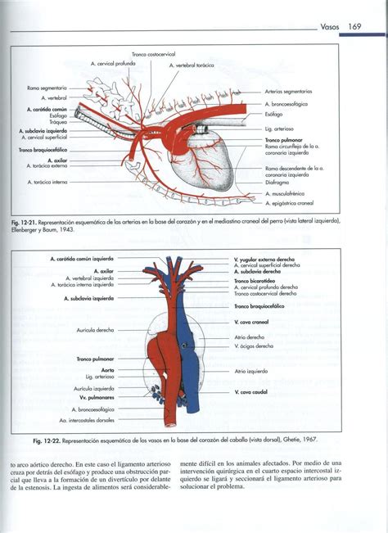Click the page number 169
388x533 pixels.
pyautogui.click(x=354, y=27)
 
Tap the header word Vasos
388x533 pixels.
pyautogui.click(x=330, y=27)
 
